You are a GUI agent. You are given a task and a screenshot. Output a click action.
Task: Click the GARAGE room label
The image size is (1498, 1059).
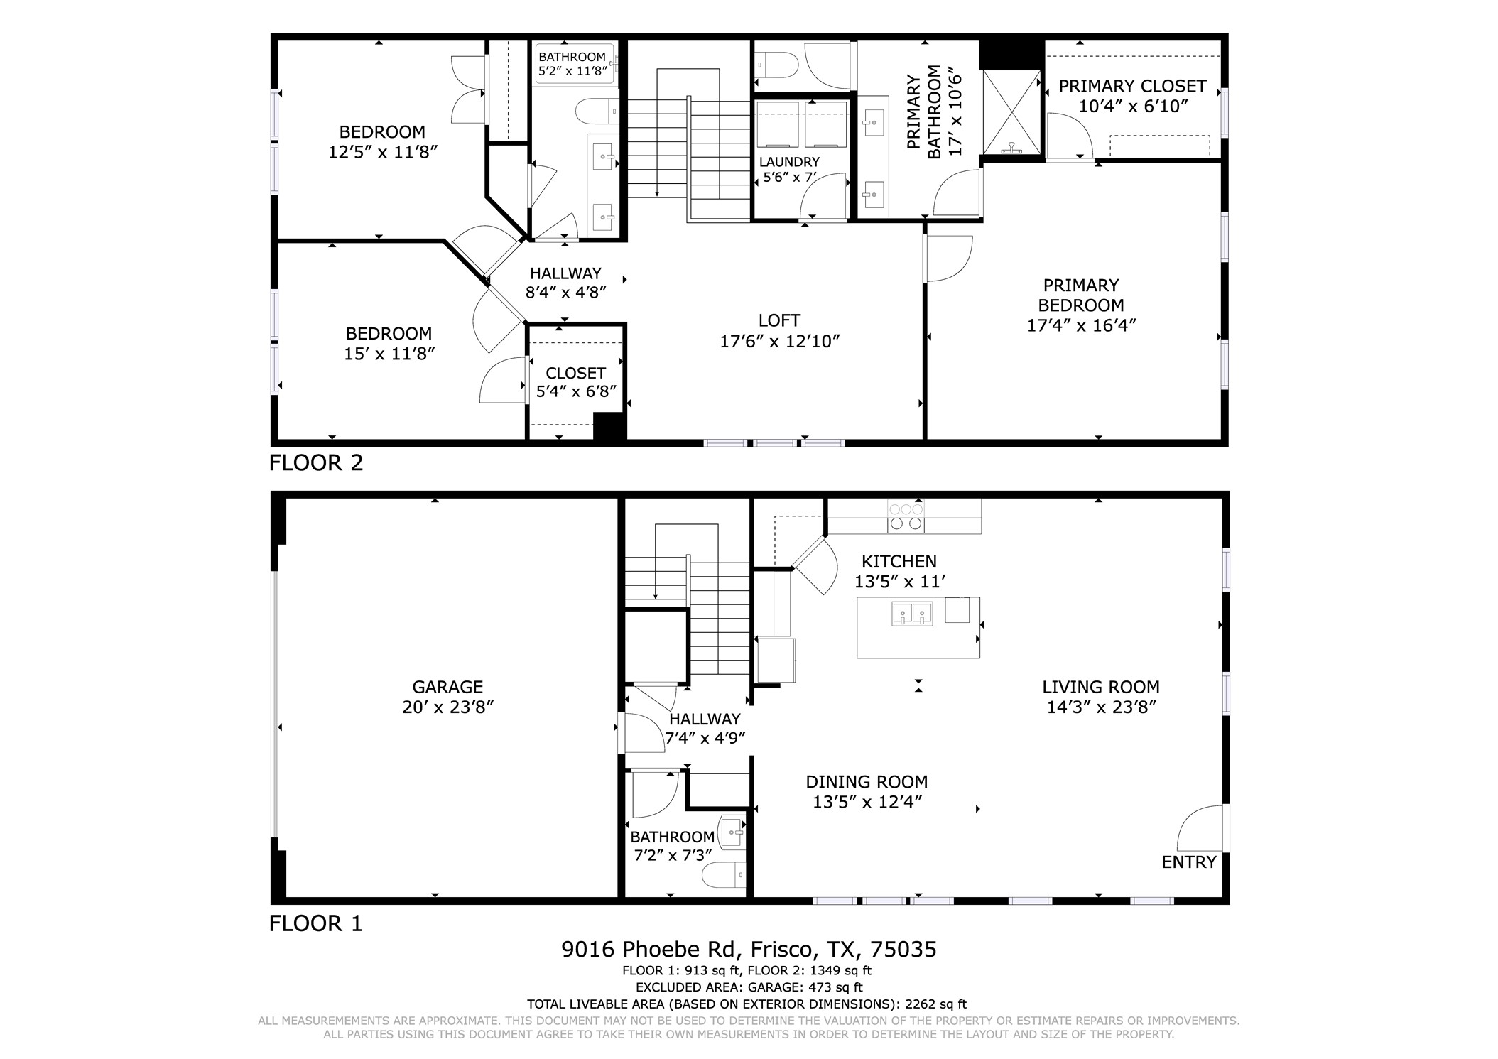tap(447, 687)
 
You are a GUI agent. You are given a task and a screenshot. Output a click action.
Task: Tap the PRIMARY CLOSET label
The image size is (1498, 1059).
tap(1132, 86)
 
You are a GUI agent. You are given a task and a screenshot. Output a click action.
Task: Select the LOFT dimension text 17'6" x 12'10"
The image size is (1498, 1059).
tap(780, 342)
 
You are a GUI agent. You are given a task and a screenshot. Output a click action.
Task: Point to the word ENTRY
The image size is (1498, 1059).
tap(1189, 862)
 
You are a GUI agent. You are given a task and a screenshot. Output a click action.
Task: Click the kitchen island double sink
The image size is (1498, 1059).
tap(913, 614)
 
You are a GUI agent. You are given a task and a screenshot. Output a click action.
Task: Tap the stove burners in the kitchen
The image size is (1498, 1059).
tap(906, 517)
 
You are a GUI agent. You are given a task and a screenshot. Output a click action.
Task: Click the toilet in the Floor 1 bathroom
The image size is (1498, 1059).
tap(724, 875)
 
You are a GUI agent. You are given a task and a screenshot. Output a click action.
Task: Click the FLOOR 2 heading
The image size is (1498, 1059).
tap(316, 463)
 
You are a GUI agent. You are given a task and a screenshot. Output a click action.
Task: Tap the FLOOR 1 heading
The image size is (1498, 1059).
tap(316, 923)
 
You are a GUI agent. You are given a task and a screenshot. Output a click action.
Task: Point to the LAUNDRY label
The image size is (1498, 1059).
tap(789, 162)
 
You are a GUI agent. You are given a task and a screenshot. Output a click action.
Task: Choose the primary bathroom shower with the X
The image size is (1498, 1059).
tap(1011, 112)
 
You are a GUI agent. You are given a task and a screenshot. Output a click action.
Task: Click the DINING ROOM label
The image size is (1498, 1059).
tap(867, 782)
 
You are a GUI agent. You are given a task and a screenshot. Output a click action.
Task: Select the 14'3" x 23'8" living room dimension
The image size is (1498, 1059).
tap(1102, 707)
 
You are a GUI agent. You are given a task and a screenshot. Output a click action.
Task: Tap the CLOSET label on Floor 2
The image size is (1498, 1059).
tap(575, 374)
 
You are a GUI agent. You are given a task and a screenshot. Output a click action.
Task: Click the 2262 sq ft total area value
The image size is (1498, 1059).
tap(935, 1004)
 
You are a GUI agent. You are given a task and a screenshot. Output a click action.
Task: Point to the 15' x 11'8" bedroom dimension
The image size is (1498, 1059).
tap(389, 354)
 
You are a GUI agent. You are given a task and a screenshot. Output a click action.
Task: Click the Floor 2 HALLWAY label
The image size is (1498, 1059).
tap(565, 273)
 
